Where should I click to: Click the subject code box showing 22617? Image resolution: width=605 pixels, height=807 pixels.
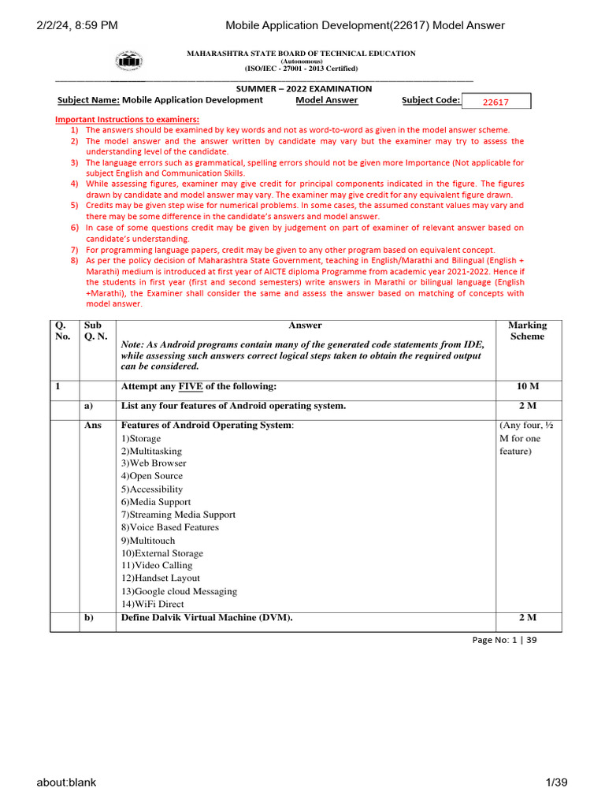point(496,102)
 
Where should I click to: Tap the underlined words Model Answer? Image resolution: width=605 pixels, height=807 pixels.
point(326,100)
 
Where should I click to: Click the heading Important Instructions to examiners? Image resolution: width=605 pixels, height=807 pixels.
point(127,119)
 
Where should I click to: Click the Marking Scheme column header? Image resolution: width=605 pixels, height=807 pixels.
point(526,330)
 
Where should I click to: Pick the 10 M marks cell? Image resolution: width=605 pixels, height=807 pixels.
point(526,387)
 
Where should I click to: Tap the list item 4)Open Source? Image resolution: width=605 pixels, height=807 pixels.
point(151,476)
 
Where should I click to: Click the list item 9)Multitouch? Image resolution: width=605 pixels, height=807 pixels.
point(148,541)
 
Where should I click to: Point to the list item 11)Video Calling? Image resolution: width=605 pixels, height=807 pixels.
point(156,566)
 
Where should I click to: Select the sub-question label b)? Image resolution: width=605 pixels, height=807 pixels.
point(88,618)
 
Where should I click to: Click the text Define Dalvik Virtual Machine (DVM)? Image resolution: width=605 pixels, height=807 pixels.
point(206,618)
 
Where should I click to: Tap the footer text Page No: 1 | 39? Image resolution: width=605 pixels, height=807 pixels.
point(504,640)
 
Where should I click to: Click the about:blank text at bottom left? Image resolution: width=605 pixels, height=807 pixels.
point(66,782)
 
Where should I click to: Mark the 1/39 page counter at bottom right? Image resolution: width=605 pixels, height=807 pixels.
point(557,782)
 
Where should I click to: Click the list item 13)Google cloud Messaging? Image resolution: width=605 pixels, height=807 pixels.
point(178,591)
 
